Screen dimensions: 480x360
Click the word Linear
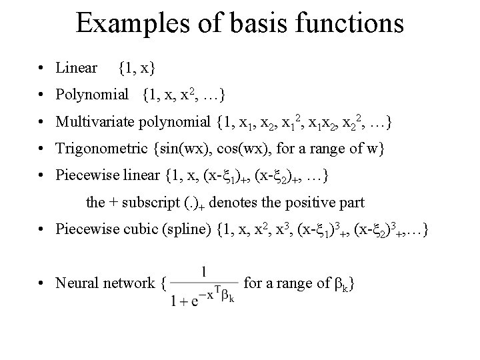coord(77,68)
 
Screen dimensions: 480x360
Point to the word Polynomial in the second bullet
coord(93,95)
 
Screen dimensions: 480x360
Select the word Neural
coord(78,284)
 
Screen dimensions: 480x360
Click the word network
coord(131,284)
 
